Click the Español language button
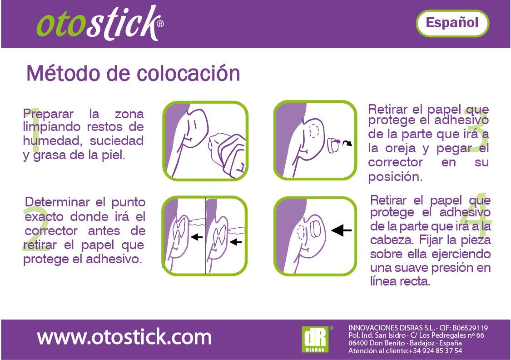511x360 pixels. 452,23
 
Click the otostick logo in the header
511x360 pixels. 98,24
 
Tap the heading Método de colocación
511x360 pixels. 133,73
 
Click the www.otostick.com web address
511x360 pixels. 124,337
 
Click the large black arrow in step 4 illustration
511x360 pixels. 342,231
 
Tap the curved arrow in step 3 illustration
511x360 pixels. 347,144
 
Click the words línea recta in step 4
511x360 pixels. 400,281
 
